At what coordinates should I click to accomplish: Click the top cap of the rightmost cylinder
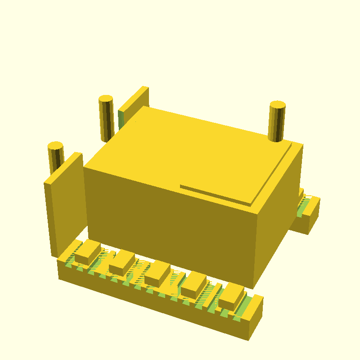click(277, 105)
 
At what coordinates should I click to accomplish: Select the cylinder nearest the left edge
click(56, 160)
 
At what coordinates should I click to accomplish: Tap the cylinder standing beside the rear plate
click(106, 119)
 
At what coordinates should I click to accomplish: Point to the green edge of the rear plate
click(121, 118)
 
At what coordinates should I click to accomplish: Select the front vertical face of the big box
click(171, 225)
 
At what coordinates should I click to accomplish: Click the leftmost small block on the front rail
click(88, 252)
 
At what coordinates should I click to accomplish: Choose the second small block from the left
click(122, 263)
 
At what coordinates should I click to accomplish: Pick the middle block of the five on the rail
click(157, 273)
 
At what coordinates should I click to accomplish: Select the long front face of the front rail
click(153, 301)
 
